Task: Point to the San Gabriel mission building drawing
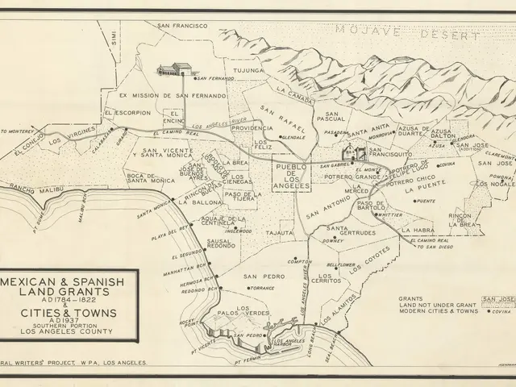pos(352,151)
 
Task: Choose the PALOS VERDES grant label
pos(244,312)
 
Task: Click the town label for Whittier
pos(389,215)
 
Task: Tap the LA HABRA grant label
pos(418,228)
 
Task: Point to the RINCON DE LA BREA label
pos(460,219)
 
